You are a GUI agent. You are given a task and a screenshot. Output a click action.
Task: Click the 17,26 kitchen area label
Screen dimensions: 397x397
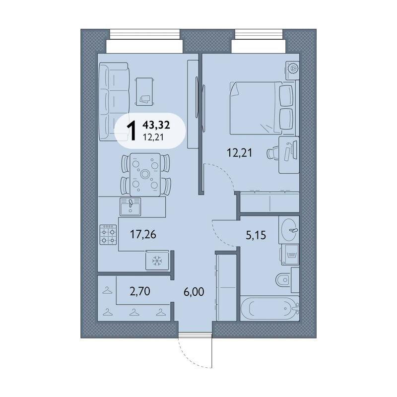point(143,234)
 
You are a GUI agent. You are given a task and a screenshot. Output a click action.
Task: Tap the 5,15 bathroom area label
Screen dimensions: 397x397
point(256,235)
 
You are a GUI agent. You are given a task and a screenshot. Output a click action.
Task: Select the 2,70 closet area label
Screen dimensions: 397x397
point(140,291)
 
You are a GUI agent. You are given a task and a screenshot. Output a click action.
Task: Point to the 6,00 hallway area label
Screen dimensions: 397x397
point(194,292)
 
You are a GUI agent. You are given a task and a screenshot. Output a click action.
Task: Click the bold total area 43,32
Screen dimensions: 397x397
point(156,125)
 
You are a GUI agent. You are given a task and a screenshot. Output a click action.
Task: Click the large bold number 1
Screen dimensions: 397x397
point(132,131)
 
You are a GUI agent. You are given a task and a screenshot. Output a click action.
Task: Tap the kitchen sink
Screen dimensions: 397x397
point(130,206)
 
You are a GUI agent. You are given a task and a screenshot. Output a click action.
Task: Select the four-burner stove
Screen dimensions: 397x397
point(108,235)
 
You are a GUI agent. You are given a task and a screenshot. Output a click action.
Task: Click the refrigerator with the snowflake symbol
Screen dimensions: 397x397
point(157,260)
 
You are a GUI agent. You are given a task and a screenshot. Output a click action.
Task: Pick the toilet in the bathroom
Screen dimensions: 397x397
point(283,280)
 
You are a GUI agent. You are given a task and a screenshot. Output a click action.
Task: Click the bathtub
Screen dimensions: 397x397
point(269,308)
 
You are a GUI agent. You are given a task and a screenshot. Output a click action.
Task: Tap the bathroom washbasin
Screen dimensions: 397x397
point(289,230)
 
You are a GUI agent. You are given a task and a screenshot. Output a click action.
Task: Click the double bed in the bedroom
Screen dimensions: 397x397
point(262,108)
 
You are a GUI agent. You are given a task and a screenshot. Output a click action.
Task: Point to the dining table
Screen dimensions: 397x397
point(145,175)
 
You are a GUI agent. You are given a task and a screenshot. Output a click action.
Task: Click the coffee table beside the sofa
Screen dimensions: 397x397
point(144,91)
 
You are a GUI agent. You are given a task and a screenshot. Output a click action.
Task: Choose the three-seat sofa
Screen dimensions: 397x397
point(114,102)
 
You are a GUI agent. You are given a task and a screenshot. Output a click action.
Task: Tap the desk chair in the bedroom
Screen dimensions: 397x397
point(272,154)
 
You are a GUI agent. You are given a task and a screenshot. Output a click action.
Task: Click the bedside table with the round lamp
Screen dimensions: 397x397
point(292,70)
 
